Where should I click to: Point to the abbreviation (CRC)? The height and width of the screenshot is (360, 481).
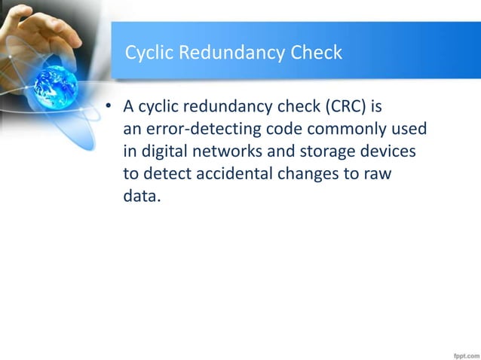click(x=345, y=107)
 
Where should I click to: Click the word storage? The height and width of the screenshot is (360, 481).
click(x=329, y=153)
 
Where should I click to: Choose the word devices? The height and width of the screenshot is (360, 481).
click(x=389, y=153)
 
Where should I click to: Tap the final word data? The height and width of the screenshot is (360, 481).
click(x=141, y=199)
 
